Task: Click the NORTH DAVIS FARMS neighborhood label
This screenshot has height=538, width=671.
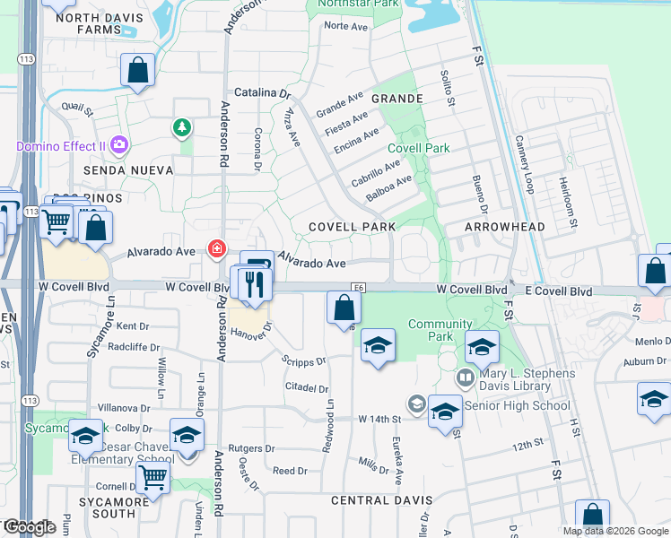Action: pyautogui.click(x=85, y=37)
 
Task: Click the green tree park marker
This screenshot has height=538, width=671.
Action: pyautogui.click(x=183, y=128)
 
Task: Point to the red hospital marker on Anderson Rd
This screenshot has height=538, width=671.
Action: pyautogui.click(x=216, y=249)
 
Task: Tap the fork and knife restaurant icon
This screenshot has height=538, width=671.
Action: pyautogui.click(x=255, y=284)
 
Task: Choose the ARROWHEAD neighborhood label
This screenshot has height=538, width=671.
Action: pyautogui.click(x=505, y=227)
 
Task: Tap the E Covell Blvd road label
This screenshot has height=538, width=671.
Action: pyautogui.click(x=559, y=291)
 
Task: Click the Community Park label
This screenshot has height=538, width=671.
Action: pyautogui.click(x=440, y=330)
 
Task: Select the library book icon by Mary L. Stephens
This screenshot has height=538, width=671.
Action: pyautogui.click(x=465, y=377)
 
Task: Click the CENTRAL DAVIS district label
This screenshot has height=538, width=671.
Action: pyautogui.click(x=382, y=499)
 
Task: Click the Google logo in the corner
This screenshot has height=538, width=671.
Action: pyautogui.click(x=29, y=527)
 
